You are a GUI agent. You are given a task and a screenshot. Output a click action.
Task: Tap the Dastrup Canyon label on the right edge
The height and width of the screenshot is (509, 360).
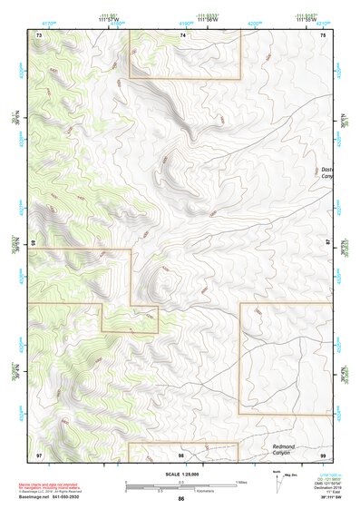(x=328, y=172)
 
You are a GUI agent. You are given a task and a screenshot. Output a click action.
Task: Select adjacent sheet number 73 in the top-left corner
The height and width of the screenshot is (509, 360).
(x=39, y=34)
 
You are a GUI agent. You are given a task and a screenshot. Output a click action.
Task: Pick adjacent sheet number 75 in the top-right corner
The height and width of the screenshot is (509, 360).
(x=324, y=34)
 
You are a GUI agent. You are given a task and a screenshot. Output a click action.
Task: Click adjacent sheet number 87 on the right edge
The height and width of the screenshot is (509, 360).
(x=328, y=244)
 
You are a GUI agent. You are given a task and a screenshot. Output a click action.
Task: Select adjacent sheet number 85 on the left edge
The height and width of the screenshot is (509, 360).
(x=34, y=244)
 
